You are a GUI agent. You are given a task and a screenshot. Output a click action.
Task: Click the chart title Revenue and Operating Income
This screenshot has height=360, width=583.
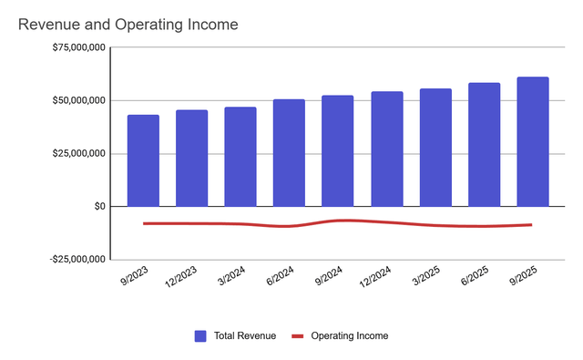pos(128,25)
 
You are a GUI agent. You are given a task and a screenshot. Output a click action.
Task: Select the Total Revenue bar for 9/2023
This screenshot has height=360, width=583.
pos(143,160)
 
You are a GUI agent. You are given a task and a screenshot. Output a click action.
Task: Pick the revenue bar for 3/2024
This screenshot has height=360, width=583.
pos(240,157)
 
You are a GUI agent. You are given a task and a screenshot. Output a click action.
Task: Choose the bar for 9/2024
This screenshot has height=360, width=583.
pos(337,151)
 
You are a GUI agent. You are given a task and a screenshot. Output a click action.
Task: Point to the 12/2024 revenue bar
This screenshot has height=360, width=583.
pos(386,149)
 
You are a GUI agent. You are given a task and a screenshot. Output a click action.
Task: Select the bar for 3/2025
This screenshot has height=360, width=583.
pos(435,148)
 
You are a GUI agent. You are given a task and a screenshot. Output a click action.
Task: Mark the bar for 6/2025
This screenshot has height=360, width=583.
pos(484,145)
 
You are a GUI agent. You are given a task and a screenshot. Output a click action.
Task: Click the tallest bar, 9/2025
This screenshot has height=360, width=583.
pos(533,142)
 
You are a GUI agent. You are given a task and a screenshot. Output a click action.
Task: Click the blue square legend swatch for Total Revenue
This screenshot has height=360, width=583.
pos(200,336)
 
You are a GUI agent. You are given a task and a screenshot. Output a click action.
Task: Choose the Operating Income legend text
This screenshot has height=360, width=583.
pos(349,336)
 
